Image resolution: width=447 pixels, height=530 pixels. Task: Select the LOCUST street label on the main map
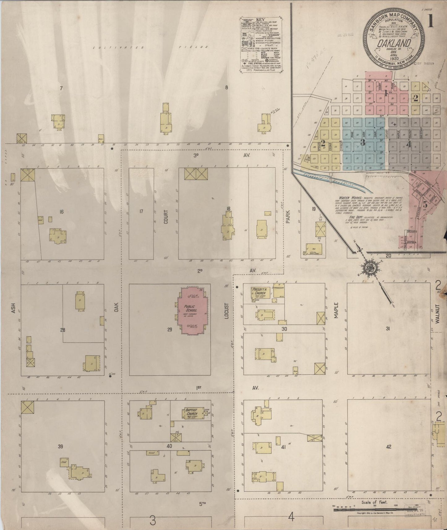pos(226,311)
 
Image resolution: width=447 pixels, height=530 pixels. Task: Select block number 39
pos(61,446)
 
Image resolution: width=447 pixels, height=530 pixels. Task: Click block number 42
pos(389,447)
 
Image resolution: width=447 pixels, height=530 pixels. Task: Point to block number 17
pos(141,212)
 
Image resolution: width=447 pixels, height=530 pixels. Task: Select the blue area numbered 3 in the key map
pos(363,142)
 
